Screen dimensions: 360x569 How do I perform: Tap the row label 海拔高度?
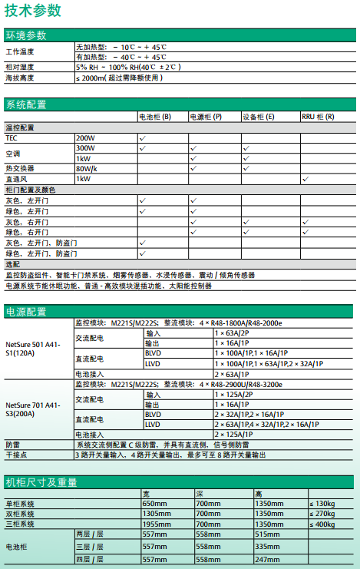click(21, 78)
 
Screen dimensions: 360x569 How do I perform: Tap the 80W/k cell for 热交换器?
click(86, 168)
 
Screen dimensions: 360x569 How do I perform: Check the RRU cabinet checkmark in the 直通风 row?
click(306, 178)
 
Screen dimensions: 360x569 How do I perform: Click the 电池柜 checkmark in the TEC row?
click(143, 137)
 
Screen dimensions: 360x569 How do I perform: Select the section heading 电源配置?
click(25, 312)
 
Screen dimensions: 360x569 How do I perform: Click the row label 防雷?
click(13, 445)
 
